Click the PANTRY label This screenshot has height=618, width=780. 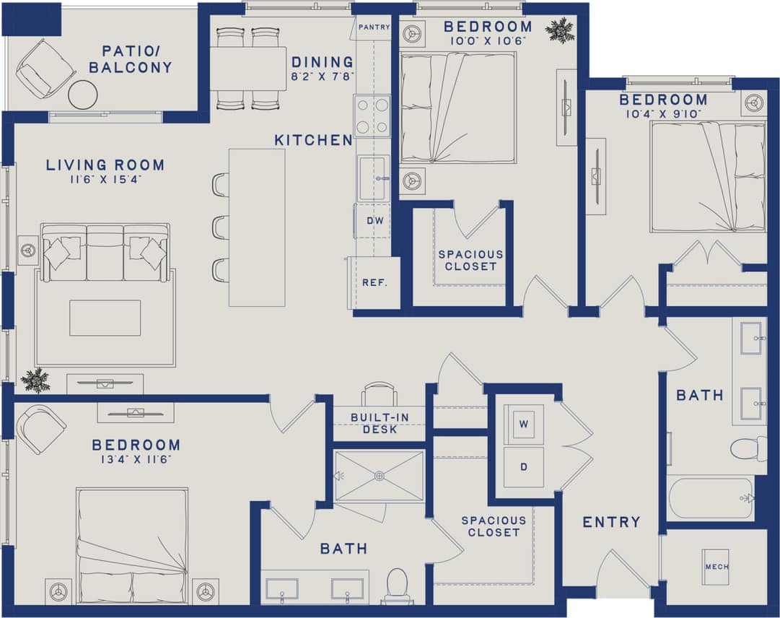coord(374,27)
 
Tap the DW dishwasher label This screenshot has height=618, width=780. coord(374,221)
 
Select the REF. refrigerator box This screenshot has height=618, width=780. coord(374,282)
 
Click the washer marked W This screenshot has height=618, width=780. coord(524,424)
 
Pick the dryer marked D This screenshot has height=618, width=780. coord(524,466)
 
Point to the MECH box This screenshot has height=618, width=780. coord(716,567)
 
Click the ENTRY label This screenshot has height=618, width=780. coord(611,522)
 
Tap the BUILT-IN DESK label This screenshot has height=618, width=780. coord(374,423)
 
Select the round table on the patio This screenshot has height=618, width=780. coord(83,95)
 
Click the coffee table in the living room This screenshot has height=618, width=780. coord(105,318)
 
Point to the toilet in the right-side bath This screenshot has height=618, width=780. coord(748,448)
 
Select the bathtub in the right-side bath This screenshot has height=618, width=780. coord(711,498)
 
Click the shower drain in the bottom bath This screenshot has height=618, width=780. coord(380,476)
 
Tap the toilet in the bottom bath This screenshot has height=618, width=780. coord(398,586)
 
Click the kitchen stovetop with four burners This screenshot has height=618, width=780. coord(372,116)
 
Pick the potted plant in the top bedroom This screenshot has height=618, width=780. coord(559,30)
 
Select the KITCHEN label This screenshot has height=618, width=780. coord(312,140)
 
